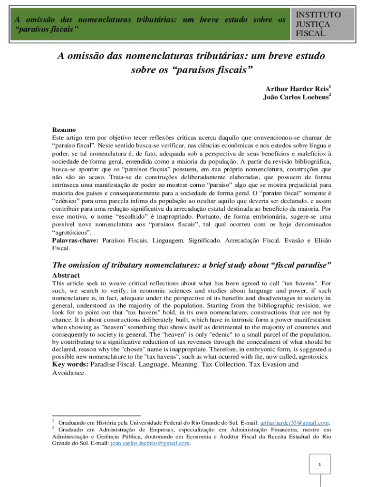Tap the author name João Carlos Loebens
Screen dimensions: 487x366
pos(295,97)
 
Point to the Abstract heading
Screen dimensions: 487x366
pos(66,275)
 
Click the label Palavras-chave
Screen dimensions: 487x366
pos(75,241)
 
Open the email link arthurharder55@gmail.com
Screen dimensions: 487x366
pos(295,423)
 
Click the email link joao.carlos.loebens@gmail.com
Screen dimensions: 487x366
pos(150,443)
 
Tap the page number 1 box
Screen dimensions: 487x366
pos(320,464)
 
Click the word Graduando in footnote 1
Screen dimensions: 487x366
pos(73,423)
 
